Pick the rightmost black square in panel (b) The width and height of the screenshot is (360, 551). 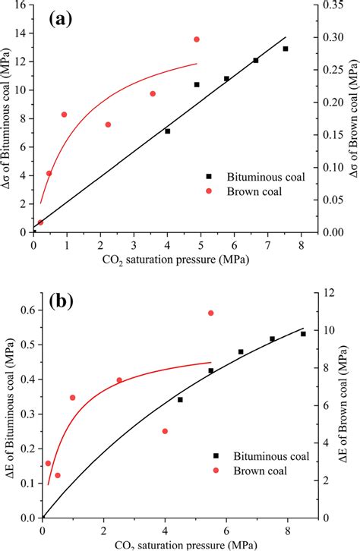(303, 334)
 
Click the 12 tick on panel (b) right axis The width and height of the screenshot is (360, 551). (330, 292)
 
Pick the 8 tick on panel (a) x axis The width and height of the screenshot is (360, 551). (301, 244)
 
